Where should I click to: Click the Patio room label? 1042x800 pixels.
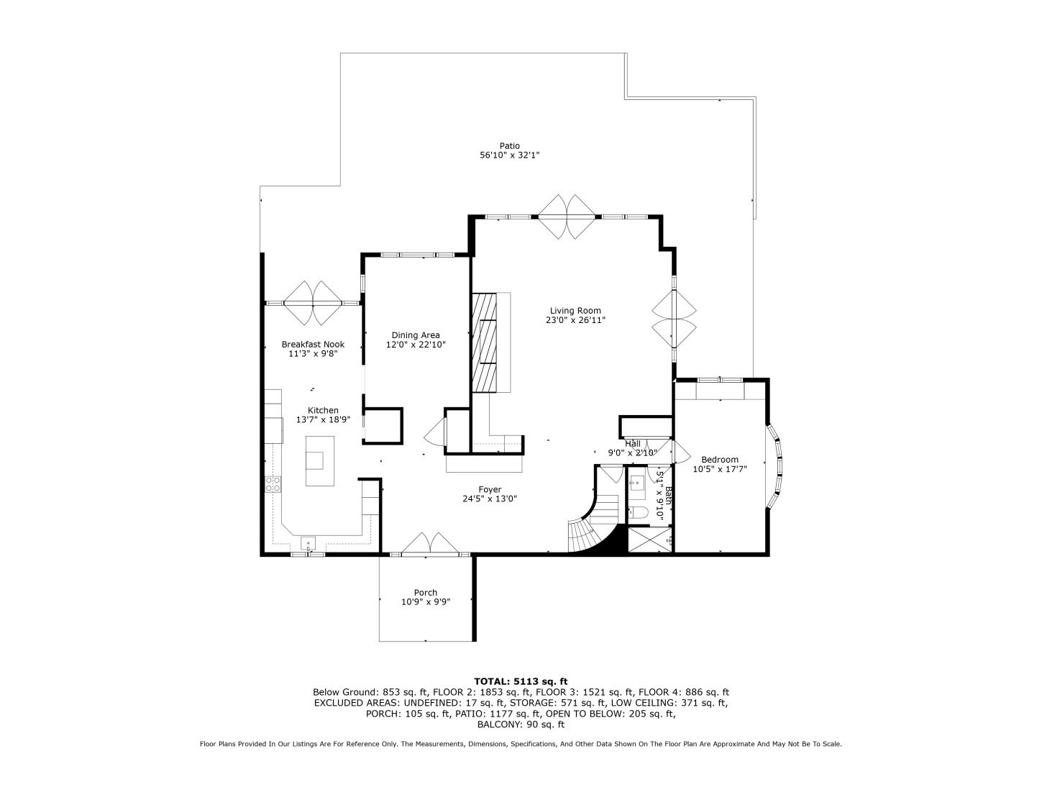(509, 146)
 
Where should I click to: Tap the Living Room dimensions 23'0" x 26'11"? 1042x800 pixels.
(575, 320)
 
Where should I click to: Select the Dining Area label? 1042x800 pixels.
(415, 335)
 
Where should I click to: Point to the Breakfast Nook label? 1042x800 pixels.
(313, 345)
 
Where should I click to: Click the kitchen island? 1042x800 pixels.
(320, 461)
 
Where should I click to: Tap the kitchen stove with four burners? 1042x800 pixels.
(273, 484)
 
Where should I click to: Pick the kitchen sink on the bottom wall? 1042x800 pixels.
(308, 544)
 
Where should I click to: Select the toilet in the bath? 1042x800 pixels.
(639, 513)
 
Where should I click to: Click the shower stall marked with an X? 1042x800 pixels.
(649, 540)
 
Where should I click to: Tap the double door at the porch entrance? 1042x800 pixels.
(431, 544)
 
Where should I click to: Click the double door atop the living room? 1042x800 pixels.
(567, 217)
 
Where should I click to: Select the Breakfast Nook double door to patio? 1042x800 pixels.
(313, 303)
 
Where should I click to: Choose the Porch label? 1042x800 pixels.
(425, 592)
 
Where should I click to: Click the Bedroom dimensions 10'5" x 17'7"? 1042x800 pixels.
(720, 468)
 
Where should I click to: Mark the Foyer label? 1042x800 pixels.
(490, 489)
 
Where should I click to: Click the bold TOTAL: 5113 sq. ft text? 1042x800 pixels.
(521, 681)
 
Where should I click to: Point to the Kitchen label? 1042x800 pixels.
(323, 410)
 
